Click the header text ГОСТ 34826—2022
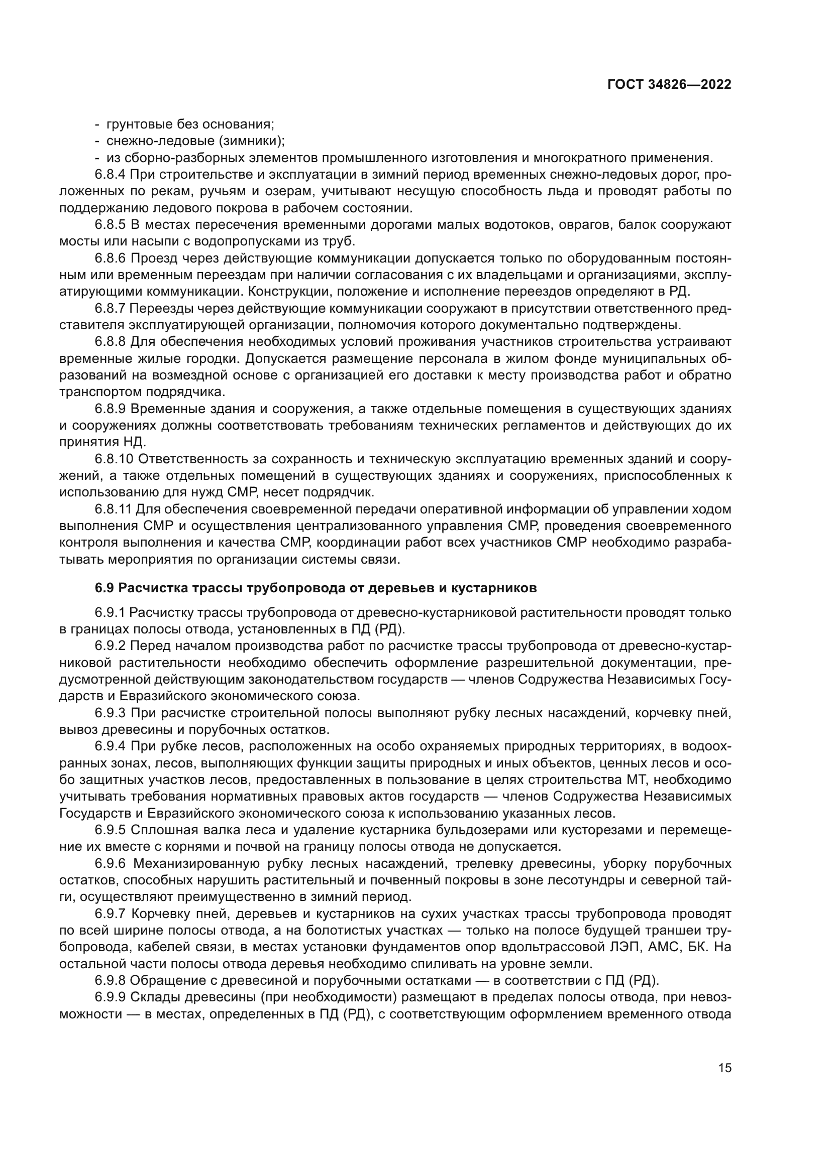pos(669,85)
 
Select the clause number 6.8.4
pos(110,175)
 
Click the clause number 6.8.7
pos(110,308)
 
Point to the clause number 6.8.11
pos(113,509)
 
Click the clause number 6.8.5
pos(110,225)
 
